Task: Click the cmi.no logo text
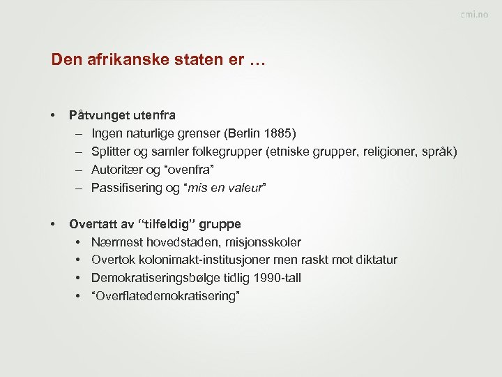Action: coord(474,15)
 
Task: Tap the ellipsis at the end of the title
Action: coord(257,61)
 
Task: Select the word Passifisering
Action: coord(125,188)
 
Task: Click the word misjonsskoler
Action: coord(265,242)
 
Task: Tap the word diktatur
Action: coord(374,260)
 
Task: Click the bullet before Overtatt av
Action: coord(53,224)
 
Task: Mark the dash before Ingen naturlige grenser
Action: coord(75,133)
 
